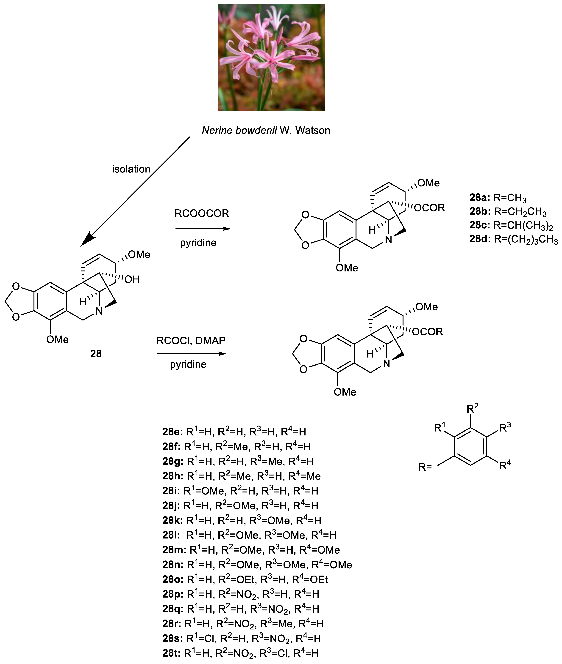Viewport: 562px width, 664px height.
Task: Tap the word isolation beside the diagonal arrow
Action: tap(131, 169)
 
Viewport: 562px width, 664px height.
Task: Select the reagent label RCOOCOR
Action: tap(202, 213)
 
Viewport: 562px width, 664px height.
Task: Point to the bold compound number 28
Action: tap(96, 354)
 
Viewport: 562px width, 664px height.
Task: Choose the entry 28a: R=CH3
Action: tap(498, 198)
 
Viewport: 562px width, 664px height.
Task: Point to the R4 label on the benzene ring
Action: tap(505, 465)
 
